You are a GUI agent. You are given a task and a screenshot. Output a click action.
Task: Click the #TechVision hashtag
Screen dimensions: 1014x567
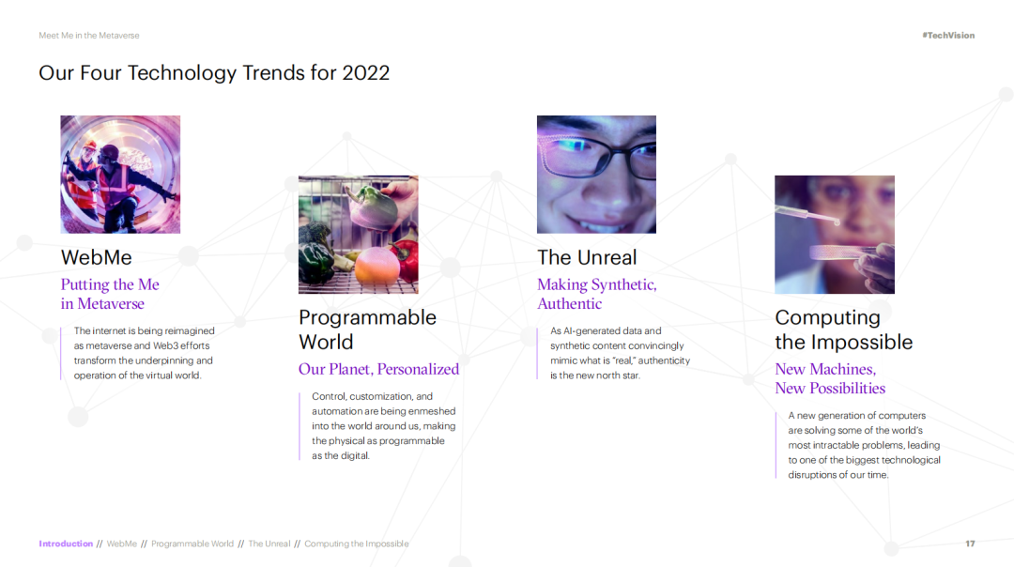click(x=948, y=36)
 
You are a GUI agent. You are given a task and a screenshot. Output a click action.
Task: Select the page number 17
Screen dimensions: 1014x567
click(x=970, y=544)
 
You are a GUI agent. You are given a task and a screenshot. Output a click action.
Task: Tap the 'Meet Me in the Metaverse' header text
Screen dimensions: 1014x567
click(x=89, y=36)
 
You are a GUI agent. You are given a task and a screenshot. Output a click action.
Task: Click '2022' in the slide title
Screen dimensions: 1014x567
click(x=366, y=73)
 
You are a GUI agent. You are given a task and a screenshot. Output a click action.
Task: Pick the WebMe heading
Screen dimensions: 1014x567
click(x=97, y=257)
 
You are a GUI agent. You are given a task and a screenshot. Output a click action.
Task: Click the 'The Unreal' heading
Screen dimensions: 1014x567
click(x=587, y=257)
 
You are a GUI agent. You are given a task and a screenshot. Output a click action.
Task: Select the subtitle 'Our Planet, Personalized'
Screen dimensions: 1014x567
click(x=379, y=369)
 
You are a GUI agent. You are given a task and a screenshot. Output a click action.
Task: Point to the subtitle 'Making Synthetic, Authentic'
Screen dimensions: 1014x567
click(x=597, y=294)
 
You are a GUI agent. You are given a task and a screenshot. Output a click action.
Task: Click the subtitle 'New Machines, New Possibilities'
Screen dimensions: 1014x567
click(x=830, y=378)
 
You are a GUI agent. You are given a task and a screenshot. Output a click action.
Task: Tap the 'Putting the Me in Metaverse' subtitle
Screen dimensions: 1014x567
click(x=110, y=294)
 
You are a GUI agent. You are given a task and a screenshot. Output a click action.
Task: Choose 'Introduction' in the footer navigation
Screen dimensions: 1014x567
click(x=66, y=544)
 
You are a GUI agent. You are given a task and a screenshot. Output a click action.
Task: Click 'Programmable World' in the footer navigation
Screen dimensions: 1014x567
click(x=192, y=544)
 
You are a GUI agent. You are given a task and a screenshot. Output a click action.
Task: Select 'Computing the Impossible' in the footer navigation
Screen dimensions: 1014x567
click(x=357, y=544)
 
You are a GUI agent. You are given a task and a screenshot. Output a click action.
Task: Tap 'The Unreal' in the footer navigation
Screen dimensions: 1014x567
click(x=269, y=544)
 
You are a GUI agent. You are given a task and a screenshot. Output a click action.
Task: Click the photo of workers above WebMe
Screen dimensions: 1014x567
click(x=120, y=175)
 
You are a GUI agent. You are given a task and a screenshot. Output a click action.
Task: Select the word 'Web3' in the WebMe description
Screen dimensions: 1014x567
click(x=165, y=345)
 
